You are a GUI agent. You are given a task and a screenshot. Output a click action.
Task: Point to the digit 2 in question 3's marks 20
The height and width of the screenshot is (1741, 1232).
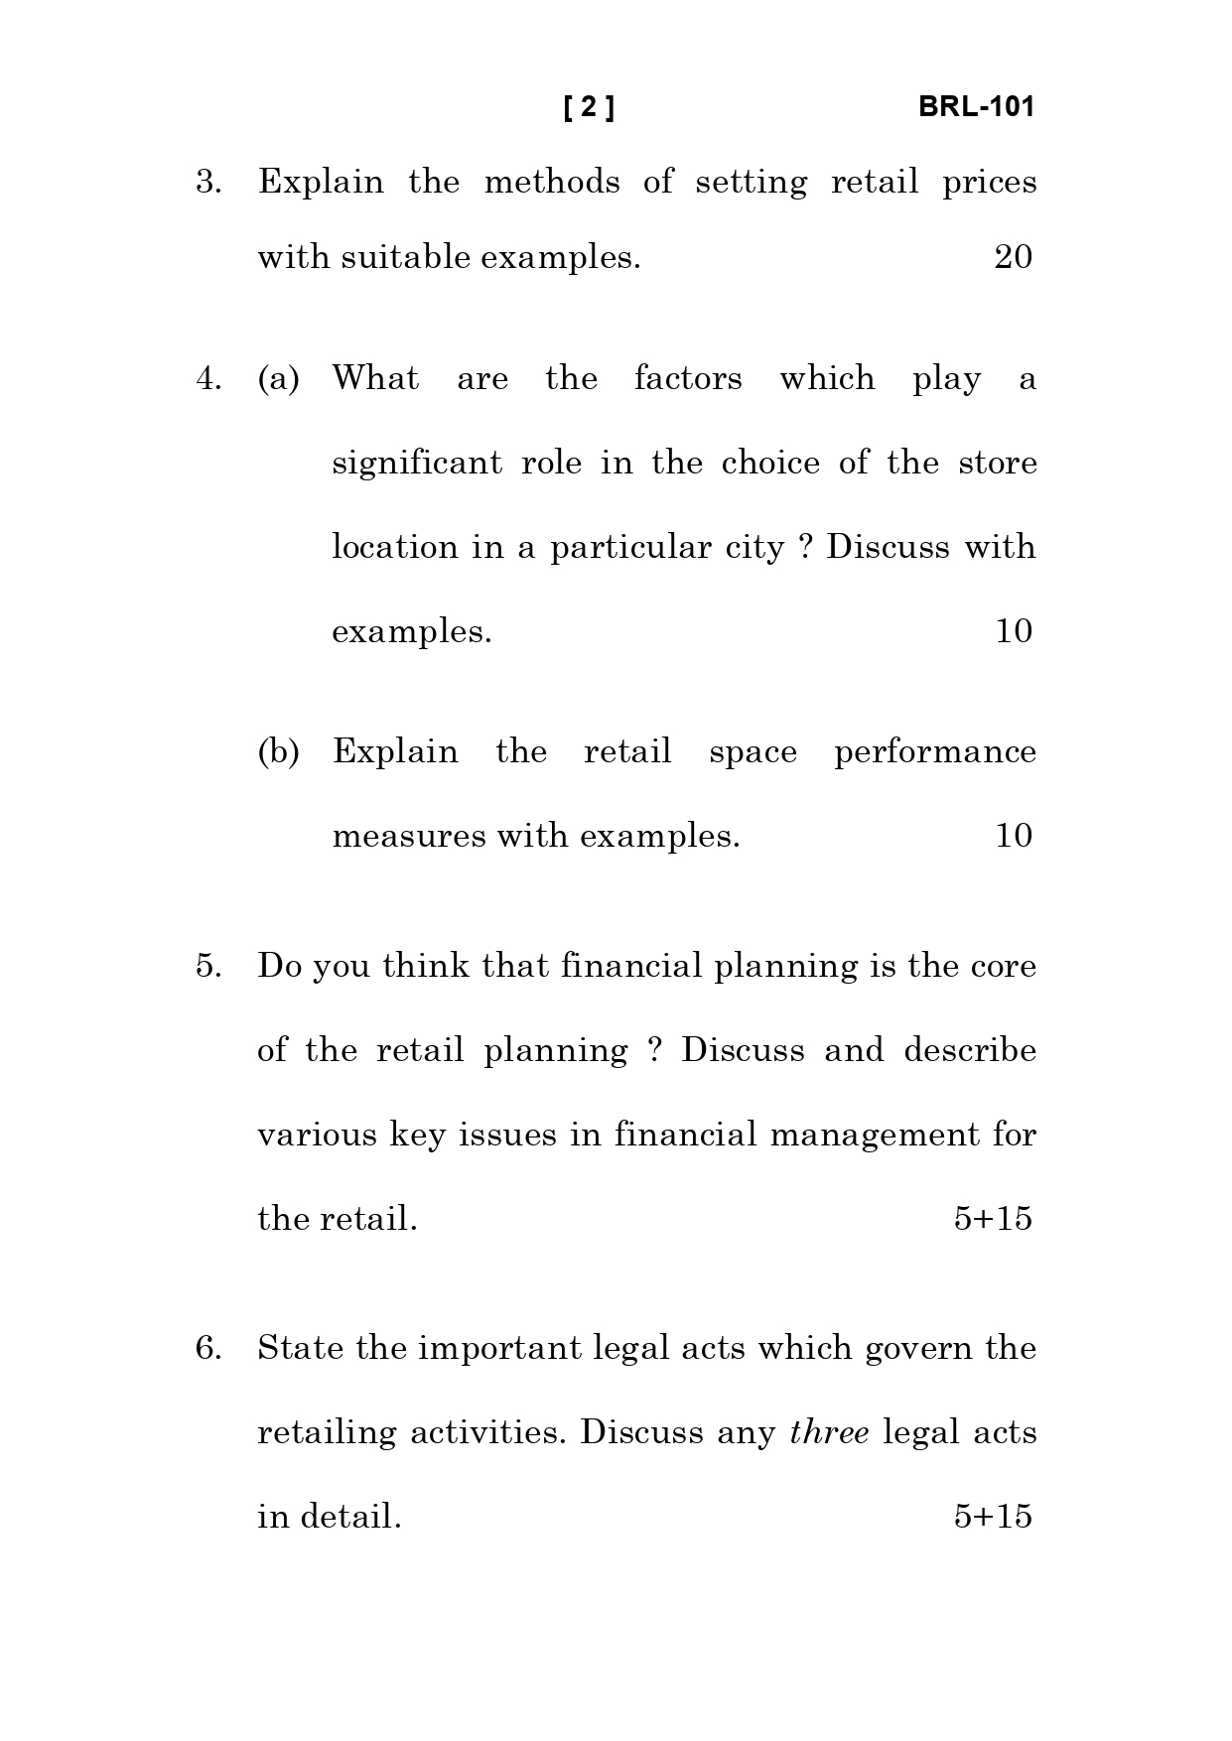tap(1003, 257)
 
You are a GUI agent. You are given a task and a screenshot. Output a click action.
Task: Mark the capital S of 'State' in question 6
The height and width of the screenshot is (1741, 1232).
tap(267, 1348)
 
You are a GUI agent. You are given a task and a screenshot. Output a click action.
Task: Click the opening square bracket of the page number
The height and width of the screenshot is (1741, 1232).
tap(568, 107)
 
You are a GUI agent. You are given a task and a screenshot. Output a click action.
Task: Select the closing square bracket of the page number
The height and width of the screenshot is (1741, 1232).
tap(610, 107)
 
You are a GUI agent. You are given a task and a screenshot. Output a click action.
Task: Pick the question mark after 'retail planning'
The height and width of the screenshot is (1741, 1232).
tap(654, 1051)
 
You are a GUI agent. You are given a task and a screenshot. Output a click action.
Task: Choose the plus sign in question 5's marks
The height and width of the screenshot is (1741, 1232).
tap(984, 1220)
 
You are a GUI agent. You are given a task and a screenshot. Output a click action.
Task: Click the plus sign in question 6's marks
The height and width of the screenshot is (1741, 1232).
tap(984, 1518)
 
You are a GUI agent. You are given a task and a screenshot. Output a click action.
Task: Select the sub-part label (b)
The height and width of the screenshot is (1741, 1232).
tap(279, 751)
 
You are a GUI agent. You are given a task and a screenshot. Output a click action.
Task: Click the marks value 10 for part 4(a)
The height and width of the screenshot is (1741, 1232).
tap(1014, 631)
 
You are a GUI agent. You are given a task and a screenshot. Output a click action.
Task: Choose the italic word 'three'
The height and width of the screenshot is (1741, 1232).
tap(830, 1432)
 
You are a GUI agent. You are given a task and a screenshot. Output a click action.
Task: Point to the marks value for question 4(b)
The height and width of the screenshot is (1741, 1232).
tap(1014, 836)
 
